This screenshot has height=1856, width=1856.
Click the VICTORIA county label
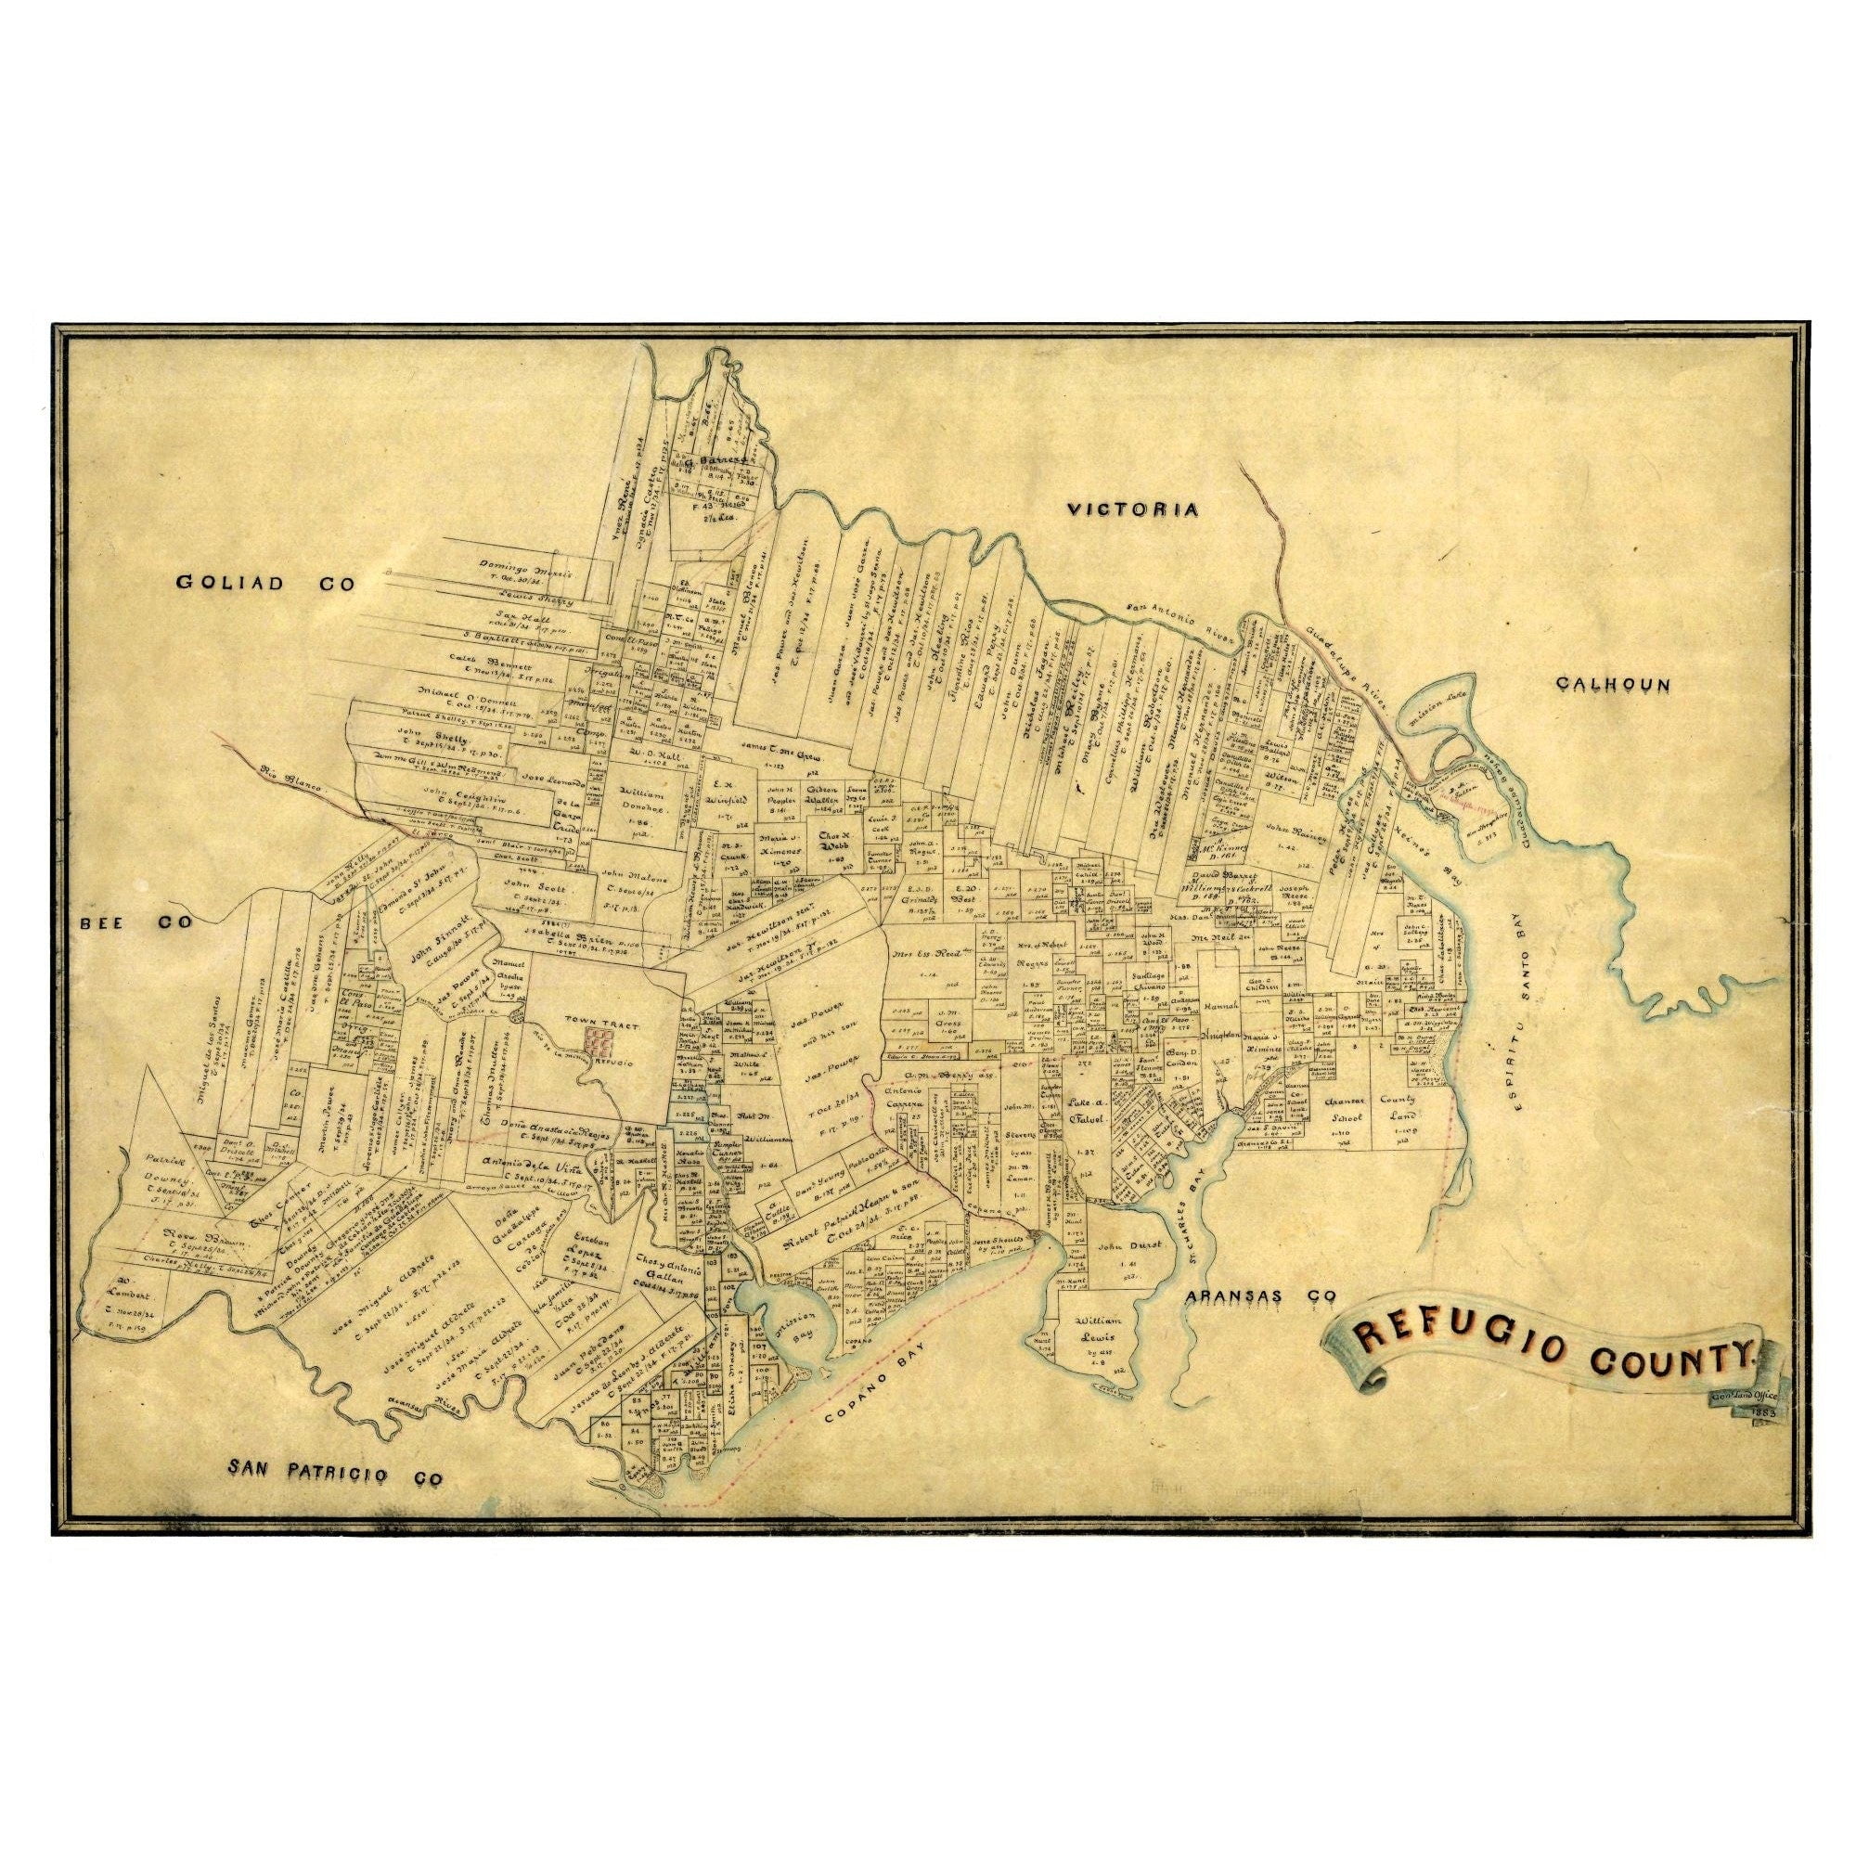tap(1134, 510)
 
